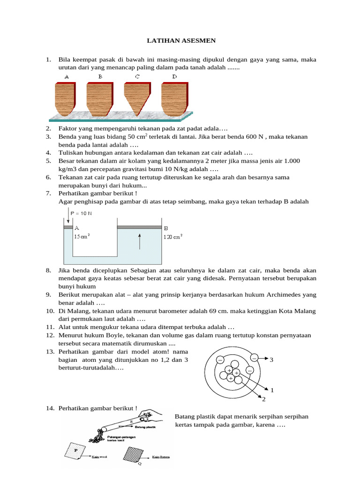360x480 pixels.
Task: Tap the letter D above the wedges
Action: point(174,76)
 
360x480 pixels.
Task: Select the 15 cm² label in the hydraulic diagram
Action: point(82,236)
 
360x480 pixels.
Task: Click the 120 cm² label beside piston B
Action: point(172,236)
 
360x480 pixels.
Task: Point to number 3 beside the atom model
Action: point(271,360)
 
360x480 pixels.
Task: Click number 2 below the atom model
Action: point(263,399)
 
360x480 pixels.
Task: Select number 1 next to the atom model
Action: point(272,390)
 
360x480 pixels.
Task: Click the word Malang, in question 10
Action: point(80,311)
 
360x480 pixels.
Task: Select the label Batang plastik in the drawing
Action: point(146,427)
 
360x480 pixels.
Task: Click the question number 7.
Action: point(48,193)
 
